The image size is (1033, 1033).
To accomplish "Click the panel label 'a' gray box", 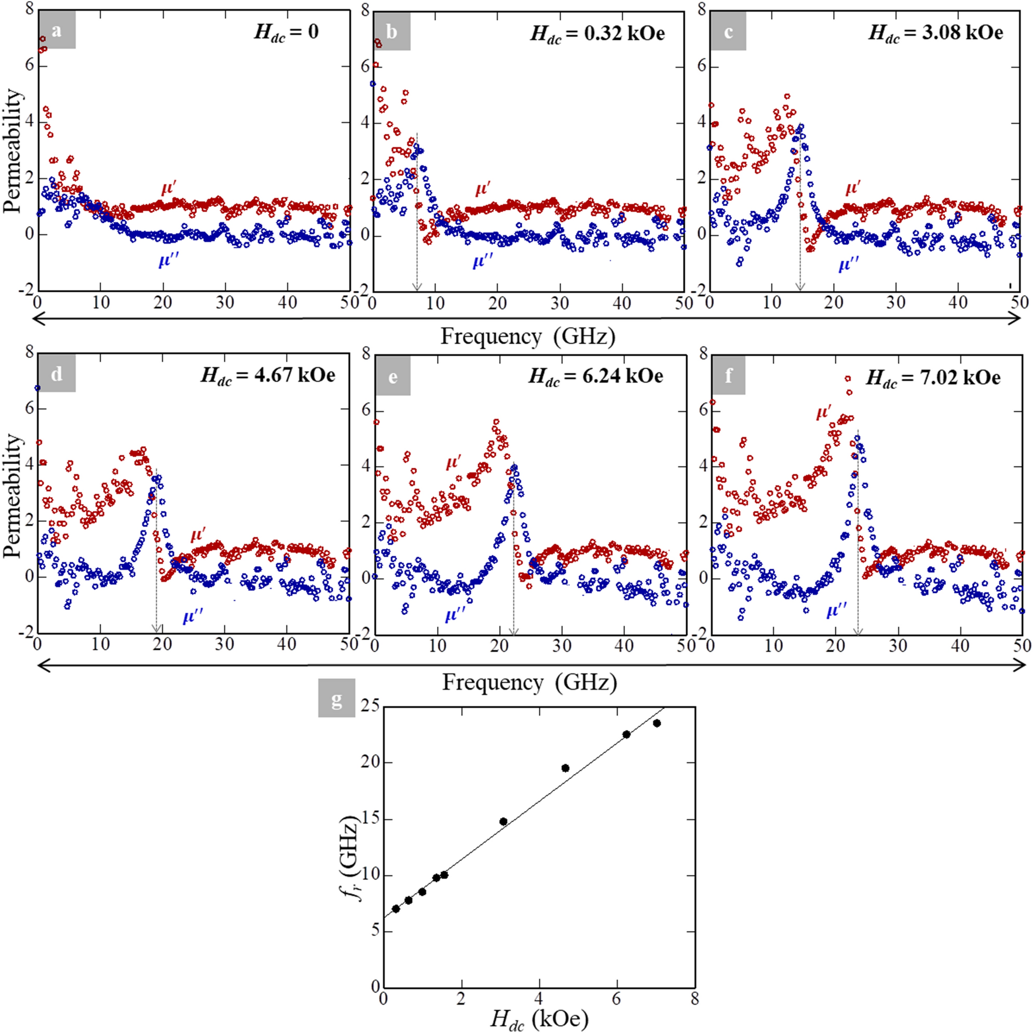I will coord(56,31).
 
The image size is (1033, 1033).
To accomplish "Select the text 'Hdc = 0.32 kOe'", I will coord(597,33).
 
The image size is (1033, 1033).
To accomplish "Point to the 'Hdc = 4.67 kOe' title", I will coord(267,375).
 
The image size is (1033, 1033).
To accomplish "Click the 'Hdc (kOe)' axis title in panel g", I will coord(538,1019).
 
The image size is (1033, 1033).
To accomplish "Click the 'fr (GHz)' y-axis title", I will coord(353,859).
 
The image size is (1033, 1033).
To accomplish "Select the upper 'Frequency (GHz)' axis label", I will coord(528,336).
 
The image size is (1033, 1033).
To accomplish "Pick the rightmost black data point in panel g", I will coord(657,724).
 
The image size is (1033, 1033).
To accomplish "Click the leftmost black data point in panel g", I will coord(396,908).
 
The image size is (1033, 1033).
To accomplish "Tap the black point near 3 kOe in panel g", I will coord(503,821).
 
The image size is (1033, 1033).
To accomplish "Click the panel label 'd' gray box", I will coord(56,374).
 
